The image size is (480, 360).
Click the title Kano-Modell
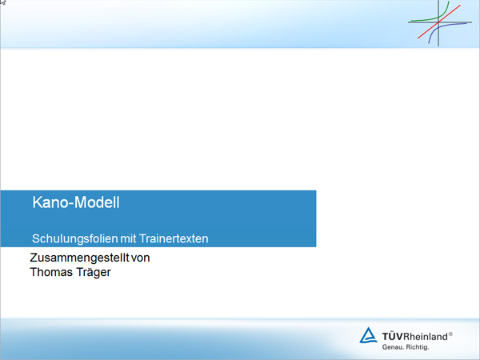pos(76,202)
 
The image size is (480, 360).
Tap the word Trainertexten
pos(174,238)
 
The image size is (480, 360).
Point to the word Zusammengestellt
pos(79,258)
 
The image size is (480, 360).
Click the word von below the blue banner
pos(141,258)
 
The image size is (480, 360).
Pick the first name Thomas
pos(49,272)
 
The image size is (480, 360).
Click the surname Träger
pos(91,273)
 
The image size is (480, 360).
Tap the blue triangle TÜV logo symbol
pos(368,336)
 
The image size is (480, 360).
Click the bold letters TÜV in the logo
pos(393,337)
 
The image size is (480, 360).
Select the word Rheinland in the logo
pos(426,337)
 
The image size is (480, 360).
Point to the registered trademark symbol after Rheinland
pos(450,334)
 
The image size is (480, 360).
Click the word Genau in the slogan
pos(392,347)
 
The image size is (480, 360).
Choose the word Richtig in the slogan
pos(418,347)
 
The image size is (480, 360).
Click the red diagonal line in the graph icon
pos(439,22)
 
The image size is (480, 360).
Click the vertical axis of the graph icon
pos(438,23)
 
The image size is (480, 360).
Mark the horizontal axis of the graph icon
pos(439,22)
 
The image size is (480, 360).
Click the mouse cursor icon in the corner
pos(2,2)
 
